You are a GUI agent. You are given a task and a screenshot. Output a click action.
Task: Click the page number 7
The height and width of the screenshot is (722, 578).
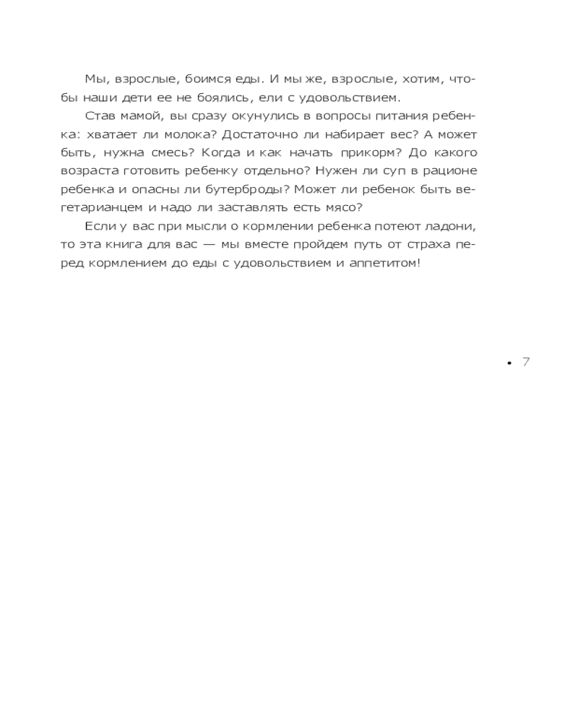pos(526,362)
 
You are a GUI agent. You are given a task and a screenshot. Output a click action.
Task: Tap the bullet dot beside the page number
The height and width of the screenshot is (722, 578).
pos(509,362)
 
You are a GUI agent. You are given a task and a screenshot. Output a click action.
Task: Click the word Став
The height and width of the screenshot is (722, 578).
pos(99,116)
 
